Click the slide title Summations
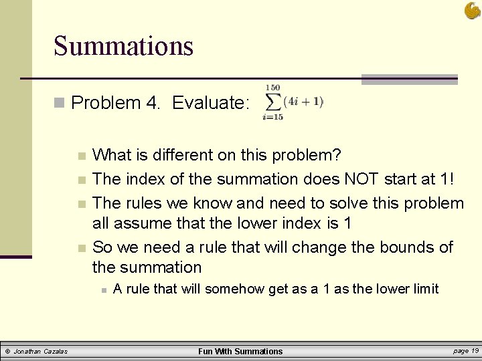tap(123, 46)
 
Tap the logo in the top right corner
tap(471, 10)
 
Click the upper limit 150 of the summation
tap(272, 88)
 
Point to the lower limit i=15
tap(272, 117)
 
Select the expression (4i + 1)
tap(303, 102)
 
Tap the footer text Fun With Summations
tap(240, 351)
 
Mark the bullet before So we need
tap(82, 248)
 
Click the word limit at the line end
tap(424, 289)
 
